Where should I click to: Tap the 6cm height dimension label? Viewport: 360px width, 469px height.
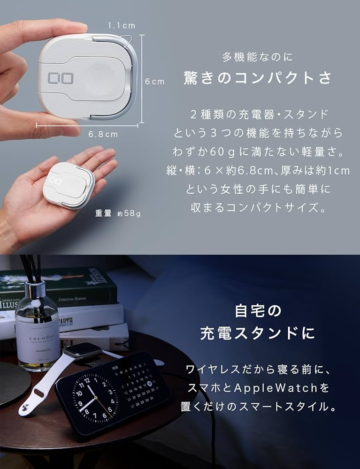point(154,82)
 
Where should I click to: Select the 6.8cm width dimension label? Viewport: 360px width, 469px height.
point(103,134)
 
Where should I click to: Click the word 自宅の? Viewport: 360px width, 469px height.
point(257,311)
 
